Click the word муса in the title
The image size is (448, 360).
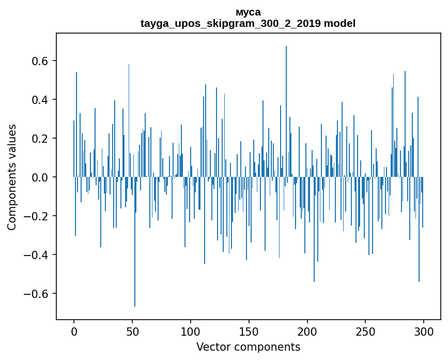tap(248, 12)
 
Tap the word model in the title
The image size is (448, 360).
tap(339, 23)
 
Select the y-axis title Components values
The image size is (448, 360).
tap(12, 177)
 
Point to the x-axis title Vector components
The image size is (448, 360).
tap(248, 347)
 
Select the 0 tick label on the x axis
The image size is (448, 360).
tap(74, 331)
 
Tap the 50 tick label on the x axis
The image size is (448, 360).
tap(132, 331)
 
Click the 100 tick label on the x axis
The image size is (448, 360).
tap(191, 331)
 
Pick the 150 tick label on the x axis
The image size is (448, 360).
tap(249, 331)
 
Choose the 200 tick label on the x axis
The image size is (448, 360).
tap(307, 331)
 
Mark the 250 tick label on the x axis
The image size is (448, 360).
tap(366, 331)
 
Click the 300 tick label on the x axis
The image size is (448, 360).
tap(424, 331)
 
